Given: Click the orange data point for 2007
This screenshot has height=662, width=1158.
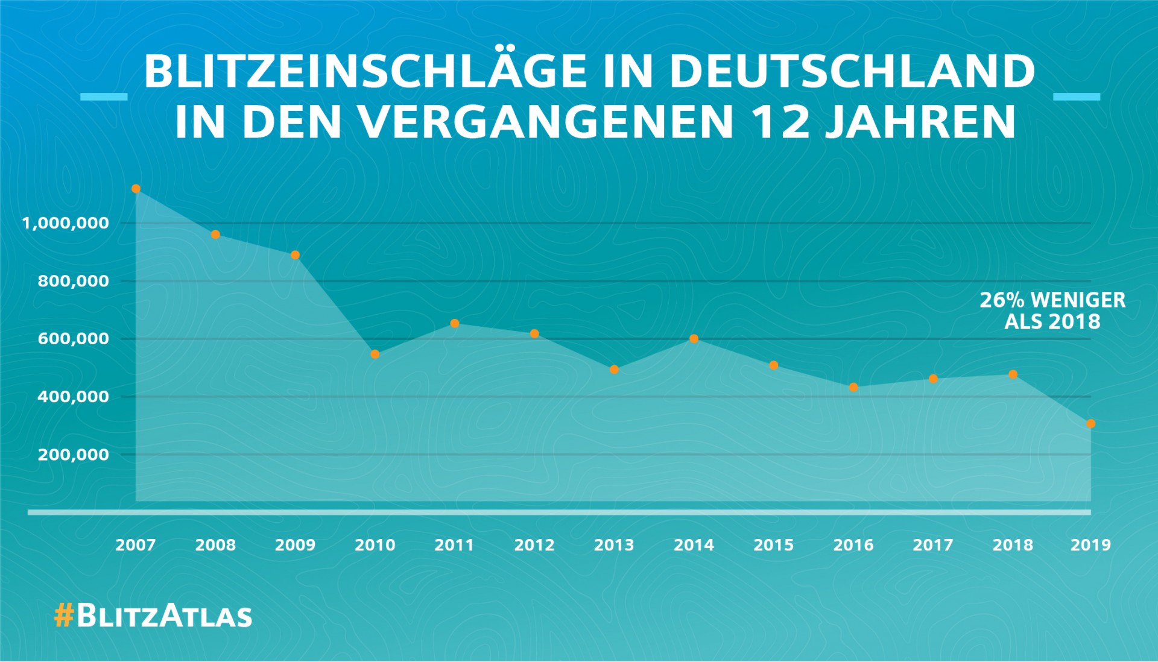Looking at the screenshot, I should click(136, 189).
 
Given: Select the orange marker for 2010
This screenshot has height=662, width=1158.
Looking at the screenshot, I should click(375, 355).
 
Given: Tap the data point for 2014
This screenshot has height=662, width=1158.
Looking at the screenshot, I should click(694, 339).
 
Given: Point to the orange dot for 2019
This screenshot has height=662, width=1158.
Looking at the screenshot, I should click(1090, 424).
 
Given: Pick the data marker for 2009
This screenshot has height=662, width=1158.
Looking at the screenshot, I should click(295, 255).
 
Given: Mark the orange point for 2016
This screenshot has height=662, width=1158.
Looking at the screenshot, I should click(853, 387).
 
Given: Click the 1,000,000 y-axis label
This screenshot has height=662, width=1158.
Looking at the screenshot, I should click(66, 223).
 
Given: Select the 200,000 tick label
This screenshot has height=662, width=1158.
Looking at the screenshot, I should click(74, 455).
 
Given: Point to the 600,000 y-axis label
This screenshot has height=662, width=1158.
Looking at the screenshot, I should click(74, 339).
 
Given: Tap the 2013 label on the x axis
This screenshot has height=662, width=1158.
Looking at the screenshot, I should click(614, 545).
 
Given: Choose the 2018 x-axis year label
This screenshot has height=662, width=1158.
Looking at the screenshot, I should click(1013, 545).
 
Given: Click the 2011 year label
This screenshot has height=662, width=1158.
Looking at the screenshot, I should click(454, 545).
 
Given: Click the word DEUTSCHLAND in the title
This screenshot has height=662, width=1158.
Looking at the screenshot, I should click(852, 71).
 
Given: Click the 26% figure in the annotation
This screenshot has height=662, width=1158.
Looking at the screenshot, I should click(1002, 300).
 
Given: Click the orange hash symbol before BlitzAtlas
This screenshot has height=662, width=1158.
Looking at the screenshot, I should click(63, 616).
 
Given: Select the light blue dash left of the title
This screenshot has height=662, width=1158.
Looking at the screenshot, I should click(104, 96).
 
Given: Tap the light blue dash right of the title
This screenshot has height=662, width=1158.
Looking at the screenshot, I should click(1076, 96).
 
